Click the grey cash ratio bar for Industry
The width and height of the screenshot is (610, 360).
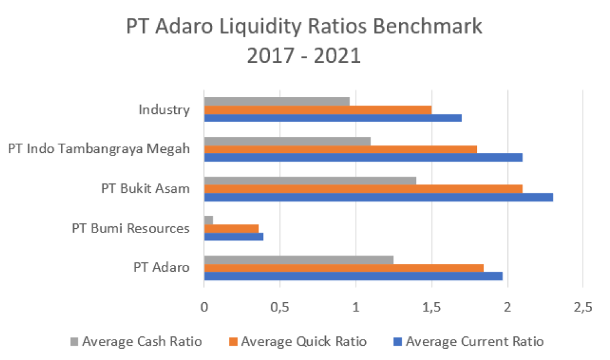tap(277, 101)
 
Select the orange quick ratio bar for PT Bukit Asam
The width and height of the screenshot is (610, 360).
tap(363, 188)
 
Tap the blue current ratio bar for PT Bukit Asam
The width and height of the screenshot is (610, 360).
tap(378, 197)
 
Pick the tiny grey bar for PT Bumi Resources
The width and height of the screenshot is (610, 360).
tap(208, 220)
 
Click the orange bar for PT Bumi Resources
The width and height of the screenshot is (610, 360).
tap(231, 228)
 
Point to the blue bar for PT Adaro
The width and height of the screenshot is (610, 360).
tap(353, 276)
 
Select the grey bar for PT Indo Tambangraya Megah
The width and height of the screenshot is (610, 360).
tap(287, 141)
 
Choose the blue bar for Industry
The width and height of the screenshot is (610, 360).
tap(333, 118)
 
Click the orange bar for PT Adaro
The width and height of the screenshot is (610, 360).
tap(344, 268)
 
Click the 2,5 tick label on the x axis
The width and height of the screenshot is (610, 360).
tap(583, 307)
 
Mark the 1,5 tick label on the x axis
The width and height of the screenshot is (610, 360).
tap(432, 307)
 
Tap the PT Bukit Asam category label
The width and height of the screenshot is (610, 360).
tap(145, 188)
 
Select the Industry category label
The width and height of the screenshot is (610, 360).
tap(164, 110)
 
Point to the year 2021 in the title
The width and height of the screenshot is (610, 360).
tap(337, 56)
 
